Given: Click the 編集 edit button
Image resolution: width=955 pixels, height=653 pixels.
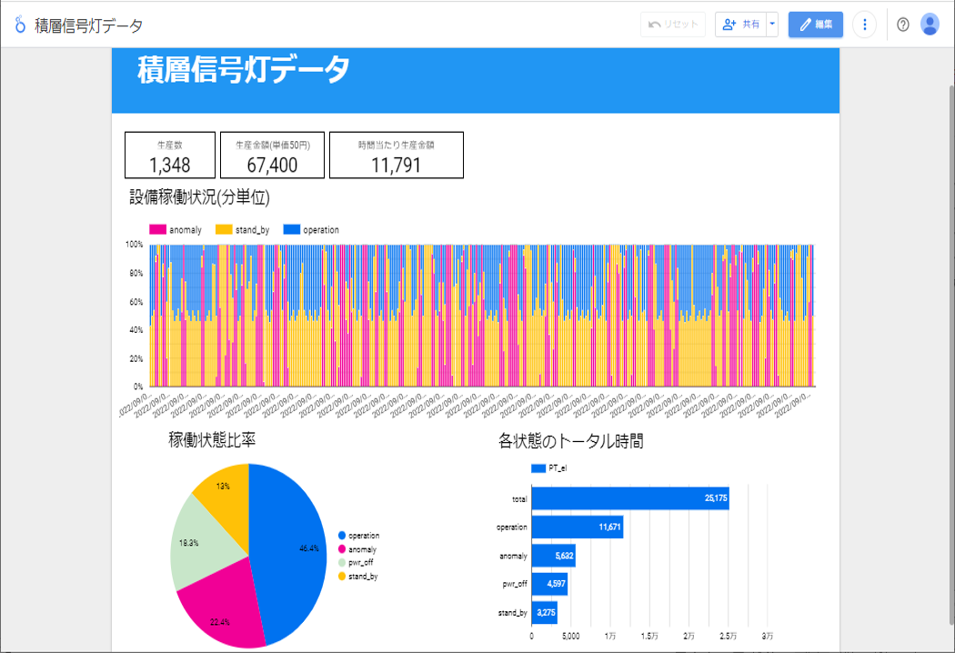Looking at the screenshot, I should tap(815, 25).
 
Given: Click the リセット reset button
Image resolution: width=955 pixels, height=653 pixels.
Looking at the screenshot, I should tap(673, 25).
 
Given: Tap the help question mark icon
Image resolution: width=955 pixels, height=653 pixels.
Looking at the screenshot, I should tap(902, 25).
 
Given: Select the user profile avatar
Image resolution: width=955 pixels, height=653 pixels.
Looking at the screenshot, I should tap(930, 25).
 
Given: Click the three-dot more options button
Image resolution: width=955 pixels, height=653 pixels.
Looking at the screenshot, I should tap(865, 25).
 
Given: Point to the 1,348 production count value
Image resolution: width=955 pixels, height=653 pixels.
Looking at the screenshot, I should tap(170, 165).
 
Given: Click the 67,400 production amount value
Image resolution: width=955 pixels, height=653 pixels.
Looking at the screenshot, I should tap(272, 165).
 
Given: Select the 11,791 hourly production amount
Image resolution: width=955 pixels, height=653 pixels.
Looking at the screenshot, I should tap(396, 165).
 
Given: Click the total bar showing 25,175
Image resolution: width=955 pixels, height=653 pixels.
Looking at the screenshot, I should tap(629, 498).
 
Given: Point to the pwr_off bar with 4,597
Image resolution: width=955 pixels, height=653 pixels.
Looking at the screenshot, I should tap(549, 583).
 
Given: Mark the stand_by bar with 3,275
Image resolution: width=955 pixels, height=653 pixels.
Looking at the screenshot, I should tap(544, 612).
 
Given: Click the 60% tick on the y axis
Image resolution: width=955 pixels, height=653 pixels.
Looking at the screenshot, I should tap(135, 302).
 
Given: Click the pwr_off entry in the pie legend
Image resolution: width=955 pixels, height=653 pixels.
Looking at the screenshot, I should tap(360, 563).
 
